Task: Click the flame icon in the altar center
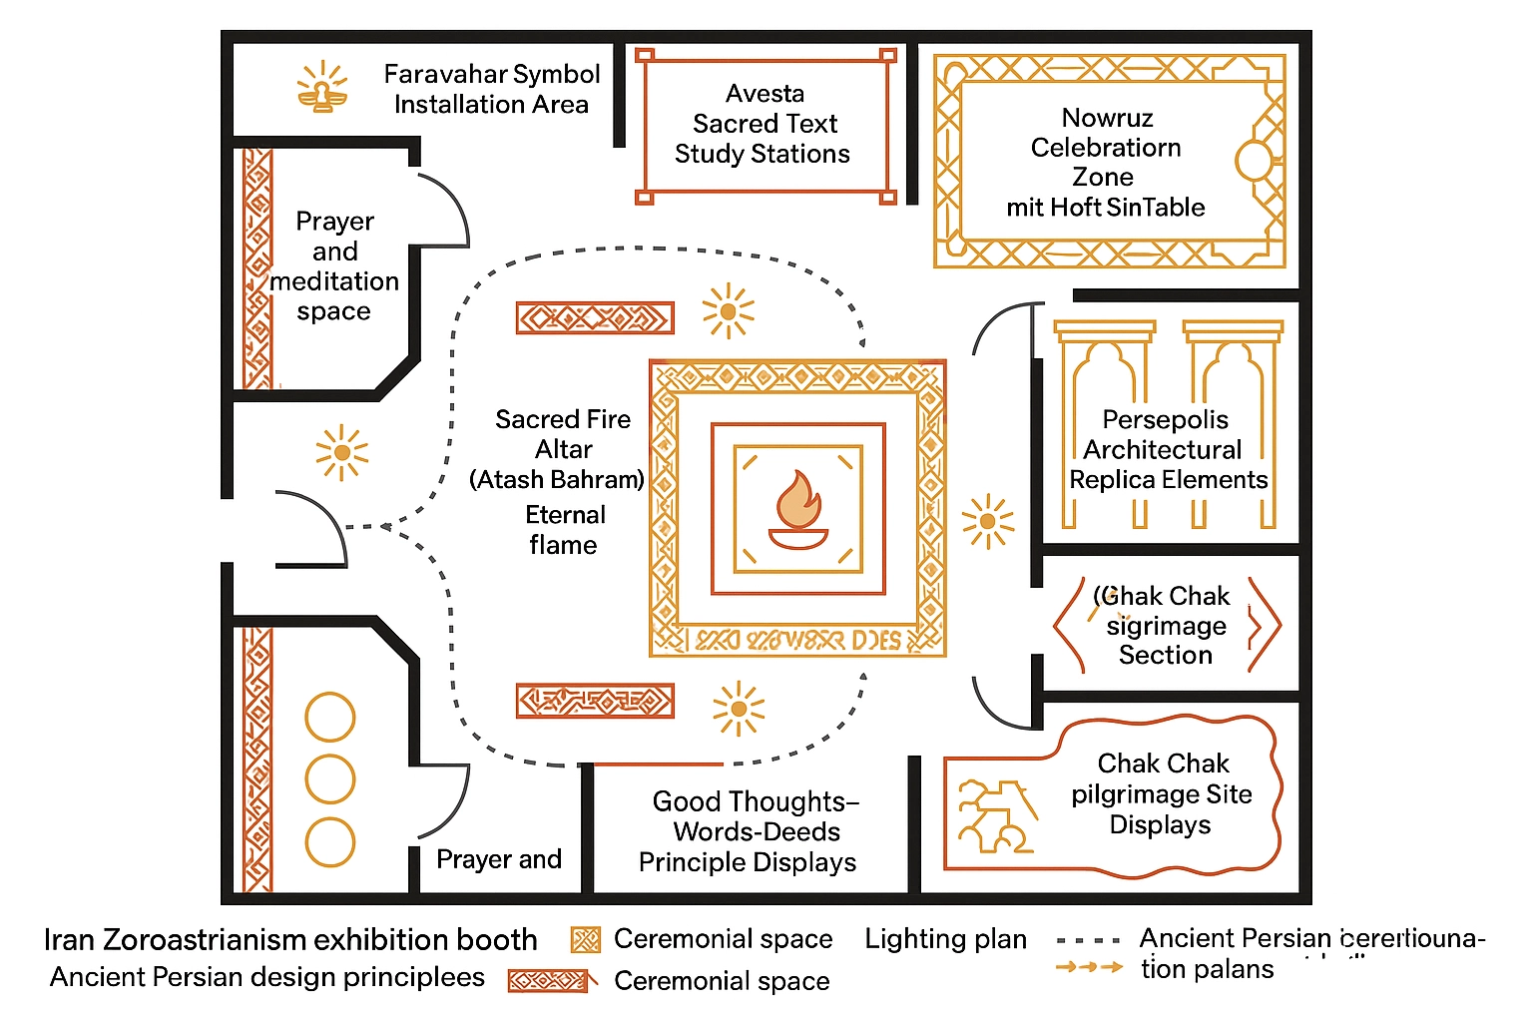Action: pos(797,509)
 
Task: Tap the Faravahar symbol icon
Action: pos(322,88)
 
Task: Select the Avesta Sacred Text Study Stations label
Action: pos(764,124)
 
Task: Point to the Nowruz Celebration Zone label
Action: pos(1106,163)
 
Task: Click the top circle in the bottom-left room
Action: pos(329,717)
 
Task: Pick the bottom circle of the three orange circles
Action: pos(329,841)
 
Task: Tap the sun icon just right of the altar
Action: pos(987,521)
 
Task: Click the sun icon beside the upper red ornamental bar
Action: pos(728,311)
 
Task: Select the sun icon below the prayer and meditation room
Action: pos(341,453)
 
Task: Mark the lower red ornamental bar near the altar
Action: pos(595,701)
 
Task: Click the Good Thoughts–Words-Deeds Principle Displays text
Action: pos(749,831)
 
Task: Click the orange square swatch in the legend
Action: pos(585,940)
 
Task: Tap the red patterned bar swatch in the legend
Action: pos(550,981)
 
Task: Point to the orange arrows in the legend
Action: pos(1089,967)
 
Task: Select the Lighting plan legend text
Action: pos(945,939)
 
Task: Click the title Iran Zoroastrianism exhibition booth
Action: pos(290,940)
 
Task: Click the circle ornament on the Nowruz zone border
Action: pos(1255,161)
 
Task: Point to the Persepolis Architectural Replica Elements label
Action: pos(1167,449)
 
